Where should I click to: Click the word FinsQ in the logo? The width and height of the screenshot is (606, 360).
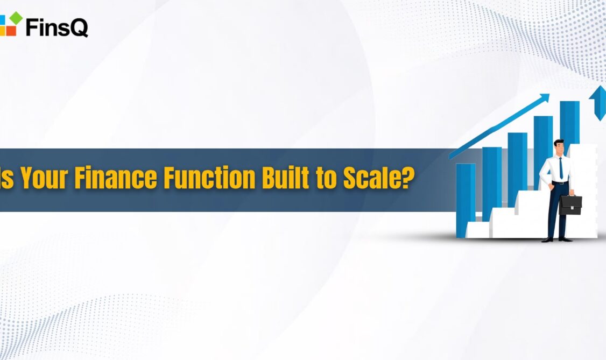tap(57, 27)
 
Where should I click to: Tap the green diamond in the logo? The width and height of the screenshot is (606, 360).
tap(16, 18)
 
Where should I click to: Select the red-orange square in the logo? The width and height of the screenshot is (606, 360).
tap(11, 30)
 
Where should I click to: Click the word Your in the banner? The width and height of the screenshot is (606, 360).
tap(45, 178)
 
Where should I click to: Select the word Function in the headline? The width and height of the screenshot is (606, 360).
tap(209, 178)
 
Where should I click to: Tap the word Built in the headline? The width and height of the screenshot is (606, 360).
tap(286, 178)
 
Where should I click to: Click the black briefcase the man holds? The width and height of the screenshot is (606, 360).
tap(570, 204)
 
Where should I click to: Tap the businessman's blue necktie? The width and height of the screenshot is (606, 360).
tap(561, 168)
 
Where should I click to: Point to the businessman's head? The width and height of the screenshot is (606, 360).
tap(559, 147)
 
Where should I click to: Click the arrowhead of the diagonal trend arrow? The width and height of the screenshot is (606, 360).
tap(544, 98)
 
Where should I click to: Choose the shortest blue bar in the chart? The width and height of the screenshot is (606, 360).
tap(466, 200)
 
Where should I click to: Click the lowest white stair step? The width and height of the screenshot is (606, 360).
tap(478, 229)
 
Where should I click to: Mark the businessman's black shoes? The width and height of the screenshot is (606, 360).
tap(556, 239)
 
